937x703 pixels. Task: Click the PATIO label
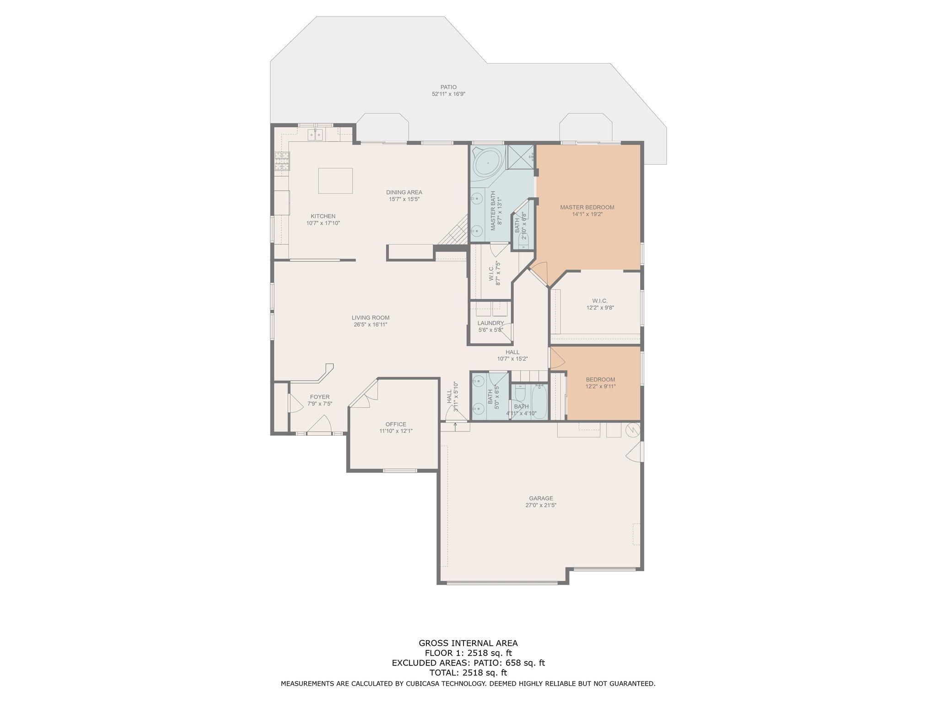coord(448,87)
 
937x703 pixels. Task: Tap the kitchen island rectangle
coord(335,181)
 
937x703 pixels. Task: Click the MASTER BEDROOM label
coord(587,207)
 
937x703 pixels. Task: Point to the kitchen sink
coord(315,134)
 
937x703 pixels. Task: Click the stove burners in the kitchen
coord(282,161)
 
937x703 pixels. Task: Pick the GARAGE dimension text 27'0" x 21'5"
coord(541,505)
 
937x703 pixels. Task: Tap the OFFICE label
coord(396,424)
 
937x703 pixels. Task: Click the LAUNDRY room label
coord(490,323)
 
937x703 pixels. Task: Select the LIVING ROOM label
coord(371,318)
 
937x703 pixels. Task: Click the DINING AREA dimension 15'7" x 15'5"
coord(404,199)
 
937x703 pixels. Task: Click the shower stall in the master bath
coord(520,158)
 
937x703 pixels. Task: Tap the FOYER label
coord(319,397)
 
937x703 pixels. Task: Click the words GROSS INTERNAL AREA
coord(468,643)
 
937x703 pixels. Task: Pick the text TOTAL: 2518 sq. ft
coord(468,673)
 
